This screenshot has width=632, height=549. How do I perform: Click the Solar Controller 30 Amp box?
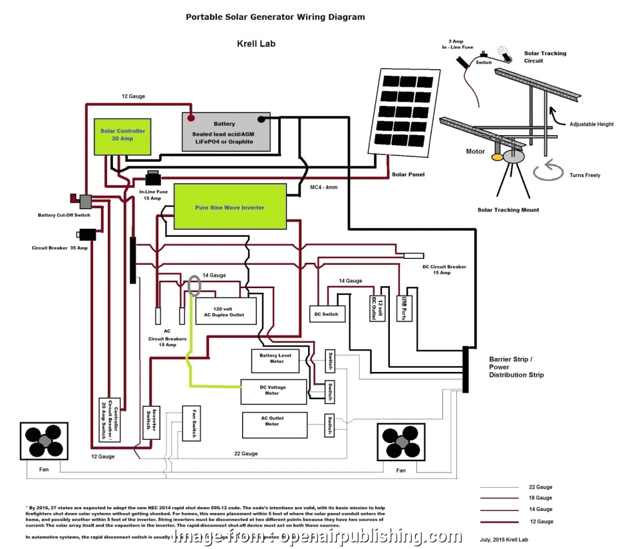click(x=122, y=135)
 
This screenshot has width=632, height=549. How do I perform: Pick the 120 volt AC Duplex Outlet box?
click(x=226, y=311)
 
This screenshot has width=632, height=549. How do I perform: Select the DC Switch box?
click(x=327, y=313)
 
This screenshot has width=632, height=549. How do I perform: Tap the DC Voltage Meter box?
click(x=273, y=391)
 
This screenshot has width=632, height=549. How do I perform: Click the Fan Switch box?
click(x=192, y=423)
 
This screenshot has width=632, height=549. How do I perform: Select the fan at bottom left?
click(x=44, y=441)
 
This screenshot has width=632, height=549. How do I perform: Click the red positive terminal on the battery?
click(x=191, y=119)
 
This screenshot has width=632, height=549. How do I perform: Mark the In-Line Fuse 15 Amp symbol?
click(x=154, y=178)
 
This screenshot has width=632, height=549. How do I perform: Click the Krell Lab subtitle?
click(x=256, y=44)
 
